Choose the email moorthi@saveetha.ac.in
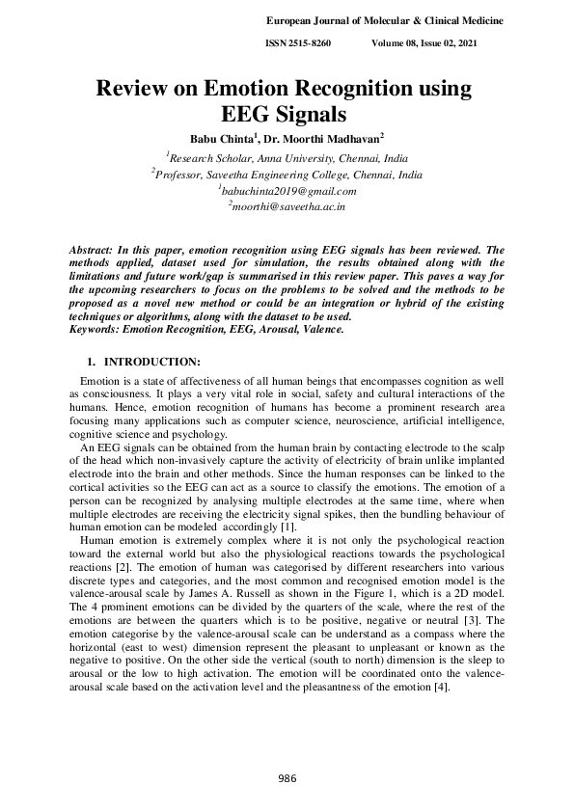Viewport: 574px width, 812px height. tap(287, 207)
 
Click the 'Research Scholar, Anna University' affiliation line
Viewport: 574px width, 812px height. tap(287, 158)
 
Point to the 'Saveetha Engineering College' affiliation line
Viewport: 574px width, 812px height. tap(287, 175)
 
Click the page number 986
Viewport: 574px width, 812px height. tap(287, 778)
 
